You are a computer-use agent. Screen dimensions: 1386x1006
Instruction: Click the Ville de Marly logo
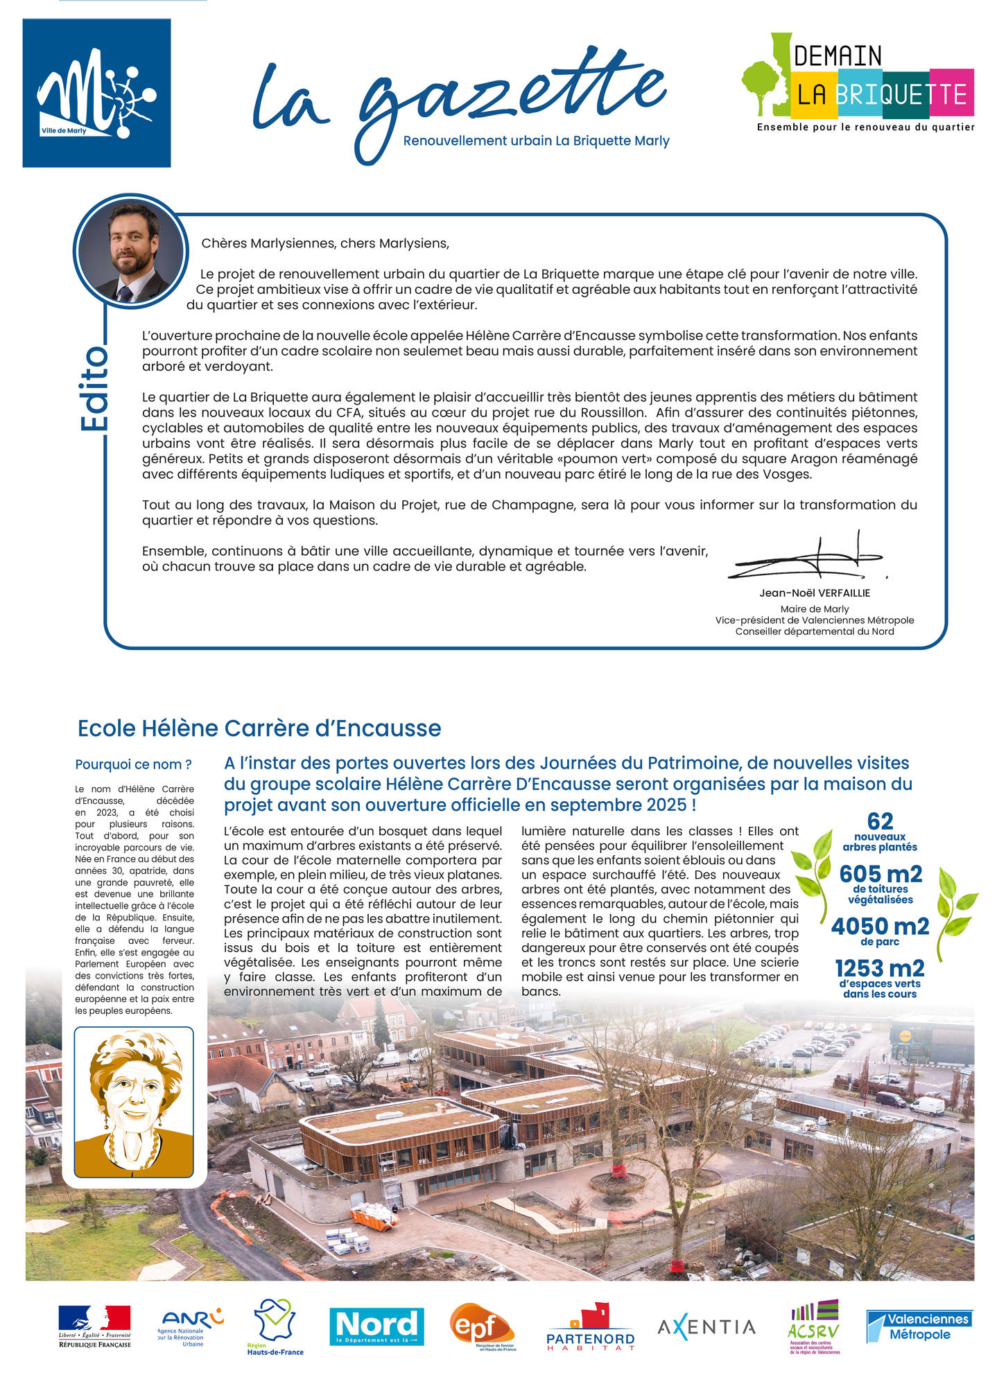coord(96,93)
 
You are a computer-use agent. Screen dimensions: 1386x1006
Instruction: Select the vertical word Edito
coord(94,389)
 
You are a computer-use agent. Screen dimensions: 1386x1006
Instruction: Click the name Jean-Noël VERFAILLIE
coord(814,593)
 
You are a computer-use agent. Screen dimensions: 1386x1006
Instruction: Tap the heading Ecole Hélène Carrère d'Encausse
coord(259,728)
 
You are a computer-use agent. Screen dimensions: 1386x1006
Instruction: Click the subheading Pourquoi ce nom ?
coord(133,764)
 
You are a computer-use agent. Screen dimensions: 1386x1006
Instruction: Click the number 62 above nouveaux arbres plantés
coord(880,821)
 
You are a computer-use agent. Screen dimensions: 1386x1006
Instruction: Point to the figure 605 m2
coord(881,874)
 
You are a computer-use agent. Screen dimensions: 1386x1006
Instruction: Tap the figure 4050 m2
coord(880,926)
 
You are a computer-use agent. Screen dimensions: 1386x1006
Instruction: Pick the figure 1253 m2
coord(880,968)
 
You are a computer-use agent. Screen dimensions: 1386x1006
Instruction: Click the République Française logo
coord(94,1326)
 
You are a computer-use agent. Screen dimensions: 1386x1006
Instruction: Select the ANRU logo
coord(191,1326)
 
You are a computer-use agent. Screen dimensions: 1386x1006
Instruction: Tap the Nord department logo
coord(376,1326)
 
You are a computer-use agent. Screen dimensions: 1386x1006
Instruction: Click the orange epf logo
coord(483,1326)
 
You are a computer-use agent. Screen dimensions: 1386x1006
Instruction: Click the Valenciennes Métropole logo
coord(919,1326)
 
